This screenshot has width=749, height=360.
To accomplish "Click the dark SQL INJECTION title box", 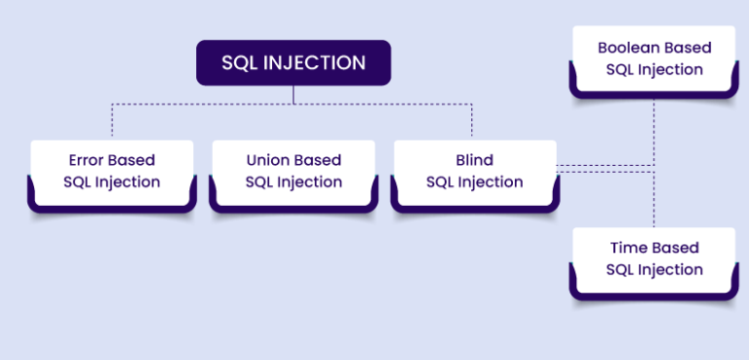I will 294,62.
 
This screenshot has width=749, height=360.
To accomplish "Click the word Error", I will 88,160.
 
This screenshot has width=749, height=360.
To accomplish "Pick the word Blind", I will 474,160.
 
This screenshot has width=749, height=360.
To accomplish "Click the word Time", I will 628,248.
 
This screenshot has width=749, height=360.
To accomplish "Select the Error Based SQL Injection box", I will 112,173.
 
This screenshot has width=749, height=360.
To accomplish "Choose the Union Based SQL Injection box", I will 294,173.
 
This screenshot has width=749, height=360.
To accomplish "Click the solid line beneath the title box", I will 294,94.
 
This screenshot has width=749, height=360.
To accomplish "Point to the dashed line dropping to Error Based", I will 112,121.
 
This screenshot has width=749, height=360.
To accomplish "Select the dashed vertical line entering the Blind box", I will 472,121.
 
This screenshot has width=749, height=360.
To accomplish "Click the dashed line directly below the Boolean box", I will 654,122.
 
